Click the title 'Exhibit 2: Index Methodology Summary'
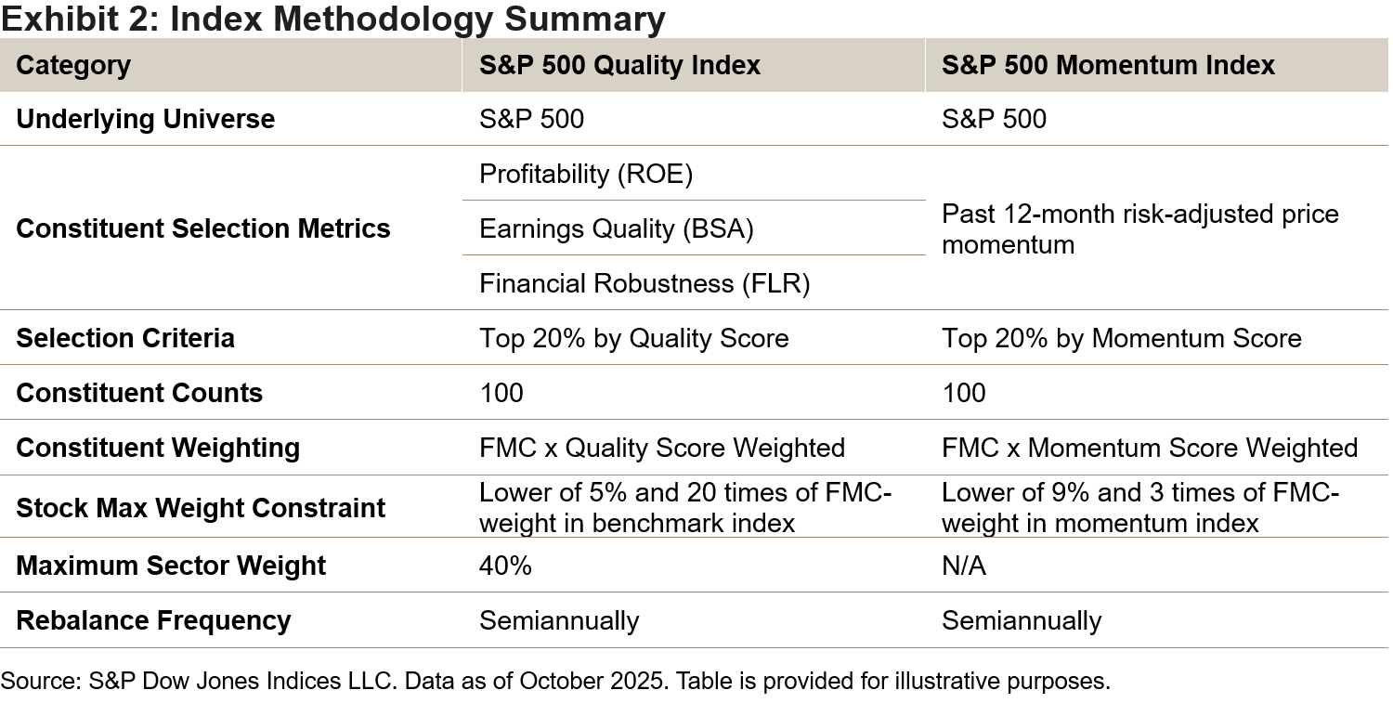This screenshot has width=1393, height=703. [333, 19]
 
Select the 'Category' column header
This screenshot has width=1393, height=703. [73, 65]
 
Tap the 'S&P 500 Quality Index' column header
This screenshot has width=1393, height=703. [619, 65]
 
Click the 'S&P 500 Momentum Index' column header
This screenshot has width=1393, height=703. [1108, 65]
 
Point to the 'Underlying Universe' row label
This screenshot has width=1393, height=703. [146, 119]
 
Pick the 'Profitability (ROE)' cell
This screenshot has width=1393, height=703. [586, 174]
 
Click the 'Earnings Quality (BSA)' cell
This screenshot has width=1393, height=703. [616, 228]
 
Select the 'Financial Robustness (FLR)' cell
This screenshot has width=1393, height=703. [644, 283]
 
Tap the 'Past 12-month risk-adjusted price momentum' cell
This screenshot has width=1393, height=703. [1139, 228]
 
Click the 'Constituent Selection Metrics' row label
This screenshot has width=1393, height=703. [203, 228]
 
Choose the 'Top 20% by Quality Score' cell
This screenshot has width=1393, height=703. [633, 338]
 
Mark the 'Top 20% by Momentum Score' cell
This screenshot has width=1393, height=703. [1121, 338]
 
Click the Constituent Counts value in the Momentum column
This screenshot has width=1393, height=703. [963, 393]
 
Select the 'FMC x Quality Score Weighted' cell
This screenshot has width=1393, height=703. [661, 448]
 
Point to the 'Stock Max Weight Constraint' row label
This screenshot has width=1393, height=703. [201, 508]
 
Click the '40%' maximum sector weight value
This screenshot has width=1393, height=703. [505, 566]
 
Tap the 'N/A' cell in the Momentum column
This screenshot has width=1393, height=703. [963, 566]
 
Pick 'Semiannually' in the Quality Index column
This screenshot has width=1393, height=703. [559, 620]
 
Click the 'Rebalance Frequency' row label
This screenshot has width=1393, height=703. [153, 620]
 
